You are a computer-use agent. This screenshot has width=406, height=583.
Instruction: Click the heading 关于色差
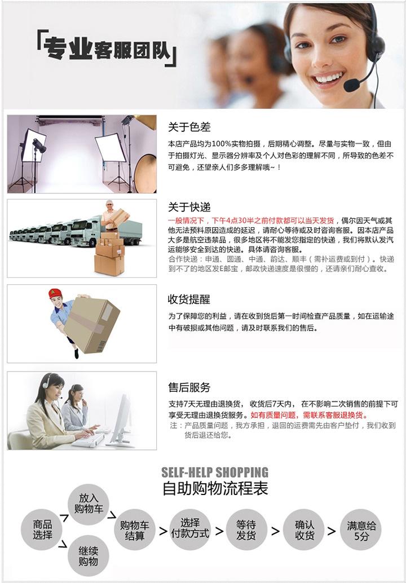pyautogui.click(x=189, y=127)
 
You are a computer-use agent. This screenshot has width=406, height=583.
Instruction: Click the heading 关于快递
pyautogui.click(x=189, y=207)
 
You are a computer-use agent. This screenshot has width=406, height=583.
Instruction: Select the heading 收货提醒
pyautogui.click(x=189, y=299)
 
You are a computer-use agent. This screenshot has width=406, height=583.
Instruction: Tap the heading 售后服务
pyautogui.click(x=189, y=387)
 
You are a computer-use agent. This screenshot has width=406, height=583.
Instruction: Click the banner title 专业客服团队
pyautogui.click(x=107, y=48)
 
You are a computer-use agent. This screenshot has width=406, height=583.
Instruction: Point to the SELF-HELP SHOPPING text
pyautogui.click(x=215, y=472)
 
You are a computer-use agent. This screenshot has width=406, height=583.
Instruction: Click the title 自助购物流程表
pyautogui.click(x=215, y=488)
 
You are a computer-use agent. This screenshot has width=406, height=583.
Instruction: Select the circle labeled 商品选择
pyautogui.click(x=42, y=529)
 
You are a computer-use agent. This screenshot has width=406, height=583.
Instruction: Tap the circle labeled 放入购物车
pyautogui.click(x=89, y=504)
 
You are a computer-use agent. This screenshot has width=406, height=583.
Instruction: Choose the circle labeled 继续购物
pyautogui.click(x=89, y=556)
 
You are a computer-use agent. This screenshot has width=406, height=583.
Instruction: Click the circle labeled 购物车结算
pyautogui.click(x=134, y=530)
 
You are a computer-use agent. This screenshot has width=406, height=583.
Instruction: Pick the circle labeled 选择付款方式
pyautogui.click(x=190, y=529)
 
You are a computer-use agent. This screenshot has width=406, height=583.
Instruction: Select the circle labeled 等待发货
pyautogui.click(x=246, y=529)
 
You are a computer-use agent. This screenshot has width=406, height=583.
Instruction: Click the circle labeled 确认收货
pyautogui.click(x=304, y=529)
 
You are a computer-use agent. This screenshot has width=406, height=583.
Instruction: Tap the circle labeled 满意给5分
pyautogui.click(x=361, y=529)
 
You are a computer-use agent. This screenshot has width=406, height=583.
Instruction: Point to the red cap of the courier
pyautogui.click(x=55, y=293)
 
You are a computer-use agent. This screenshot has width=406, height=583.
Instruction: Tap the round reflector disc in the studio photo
pyautogui.click(x=145, y=173)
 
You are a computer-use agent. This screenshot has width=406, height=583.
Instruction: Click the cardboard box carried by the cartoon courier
pyautogui.click(x=92, y=324)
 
